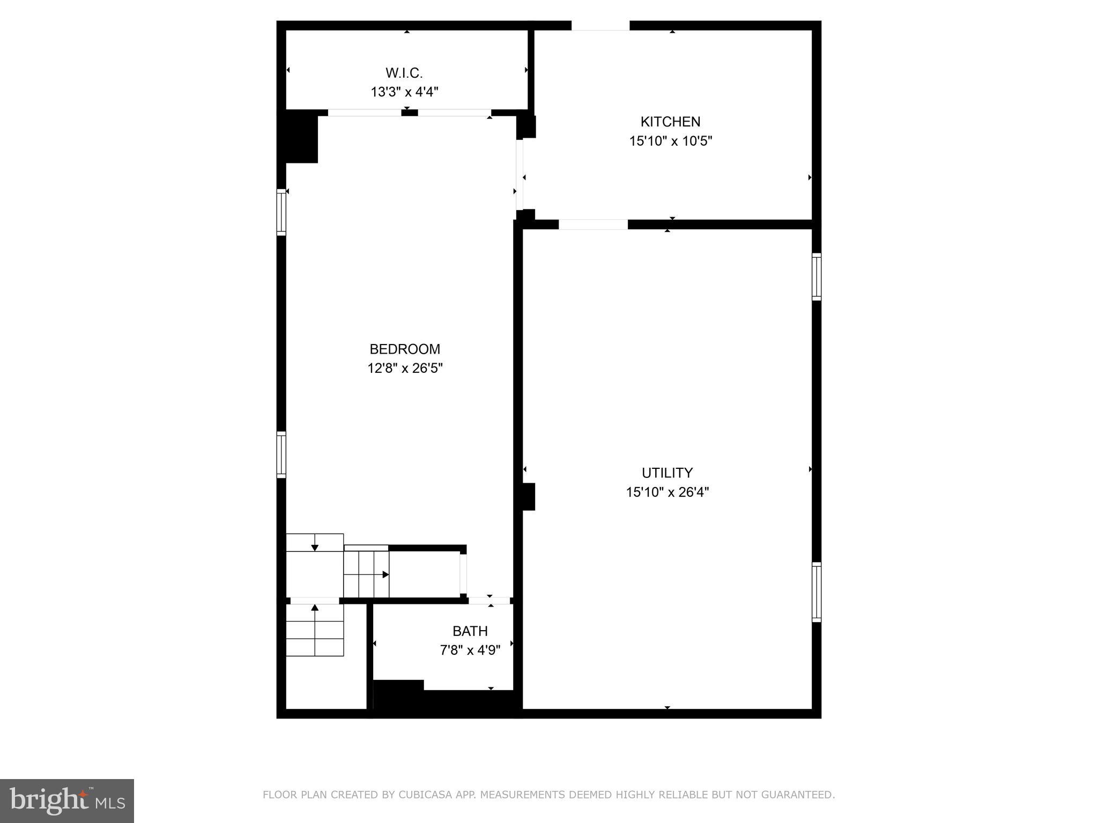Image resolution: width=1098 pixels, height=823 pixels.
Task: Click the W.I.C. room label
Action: [x=404, y=73]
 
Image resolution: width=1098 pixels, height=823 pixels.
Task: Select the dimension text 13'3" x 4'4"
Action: [x=404, y=92]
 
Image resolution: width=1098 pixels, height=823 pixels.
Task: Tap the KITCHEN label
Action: [x=670, y=122]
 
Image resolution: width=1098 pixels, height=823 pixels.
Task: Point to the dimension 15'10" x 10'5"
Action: [x=670, y=141]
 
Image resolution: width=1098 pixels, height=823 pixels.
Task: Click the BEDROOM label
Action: [x=405, y=349]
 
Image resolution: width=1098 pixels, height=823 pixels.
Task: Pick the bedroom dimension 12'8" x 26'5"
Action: [x=405, y=369]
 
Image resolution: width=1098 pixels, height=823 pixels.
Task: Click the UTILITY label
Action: [x=667, y=473]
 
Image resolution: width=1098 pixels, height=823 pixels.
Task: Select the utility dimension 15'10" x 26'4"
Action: [x=667, y=492]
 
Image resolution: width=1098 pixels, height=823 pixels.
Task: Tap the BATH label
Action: [x=470, y=631]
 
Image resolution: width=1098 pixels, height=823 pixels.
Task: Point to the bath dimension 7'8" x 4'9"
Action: [x=470, y=650]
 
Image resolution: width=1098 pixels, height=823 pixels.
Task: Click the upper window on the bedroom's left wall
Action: [x=281, y=212]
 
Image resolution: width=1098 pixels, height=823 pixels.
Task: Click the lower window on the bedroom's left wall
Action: [x=281, y=454]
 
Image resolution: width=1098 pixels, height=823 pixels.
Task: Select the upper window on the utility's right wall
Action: [x=816, y=276]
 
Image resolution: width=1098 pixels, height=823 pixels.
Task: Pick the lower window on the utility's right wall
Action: [x=816, y=592]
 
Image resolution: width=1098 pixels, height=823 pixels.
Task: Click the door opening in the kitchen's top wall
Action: [x=600, y=26]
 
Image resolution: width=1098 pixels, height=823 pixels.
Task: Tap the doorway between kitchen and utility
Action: [x=593, y=225]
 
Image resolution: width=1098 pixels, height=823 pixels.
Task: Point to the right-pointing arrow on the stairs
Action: [x=385, y=575]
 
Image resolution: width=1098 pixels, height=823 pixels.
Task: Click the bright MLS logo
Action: [x=66, y=800]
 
